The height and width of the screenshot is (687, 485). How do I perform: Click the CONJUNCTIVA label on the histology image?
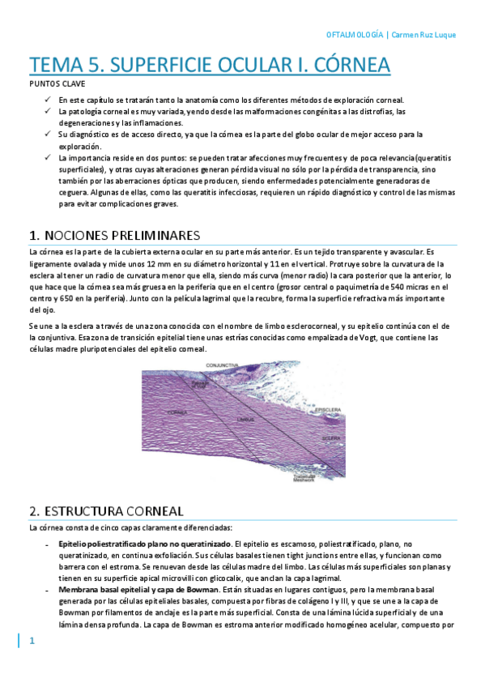(221, 366)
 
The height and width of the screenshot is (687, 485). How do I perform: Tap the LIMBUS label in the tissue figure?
(245, 420)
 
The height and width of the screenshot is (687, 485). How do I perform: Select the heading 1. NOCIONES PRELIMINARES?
(113, 235)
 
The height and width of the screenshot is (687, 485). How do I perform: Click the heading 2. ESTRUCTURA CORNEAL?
(106, 511)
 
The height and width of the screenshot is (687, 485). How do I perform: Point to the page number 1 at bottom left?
(32, 642)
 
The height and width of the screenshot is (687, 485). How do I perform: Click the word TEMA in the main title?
(58, 64)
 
